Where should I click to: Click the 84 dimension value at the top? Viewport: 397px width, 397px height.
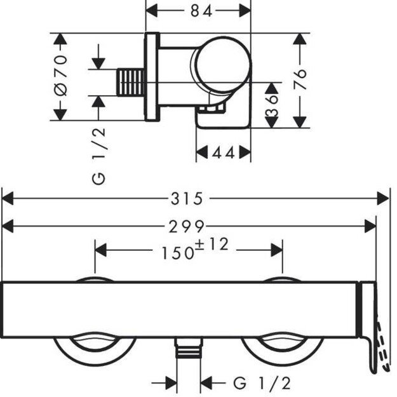point(198,11)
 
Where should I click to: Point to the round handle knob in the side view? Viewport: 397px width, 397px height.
point(221,68)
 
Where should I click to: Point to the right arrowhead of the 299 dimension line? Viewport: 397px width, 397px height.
point(372,225)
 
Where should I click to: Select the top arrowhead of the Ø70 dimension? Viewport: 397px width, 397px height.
point(60,39)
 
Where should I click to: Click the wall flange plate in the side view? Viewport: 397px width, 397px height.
point(152,77)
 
